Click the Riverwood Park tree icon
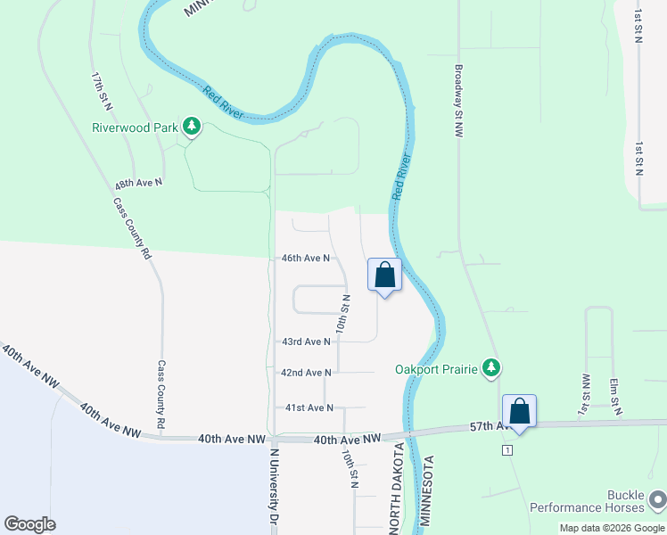(190, 127)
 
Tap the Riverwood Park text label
(136, 128)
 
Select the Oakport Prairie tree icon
(490, 367)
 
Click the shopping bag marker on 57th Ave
(519, 412)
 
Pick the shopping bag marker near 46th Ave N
(385, 275)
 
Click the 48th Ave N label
(138, 182)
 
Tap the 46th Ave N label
(306, 258)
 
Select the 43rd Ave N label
(306, 342)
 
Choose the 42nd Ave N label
(306, 373)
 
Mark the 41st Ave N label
(309, 407)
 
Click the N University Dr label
(275, 486)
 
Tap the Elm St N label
(614, 396)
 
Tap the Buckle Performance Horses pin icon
(657, 498)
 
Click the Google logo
(29, 524)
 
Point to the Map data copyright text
(613, 528)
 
